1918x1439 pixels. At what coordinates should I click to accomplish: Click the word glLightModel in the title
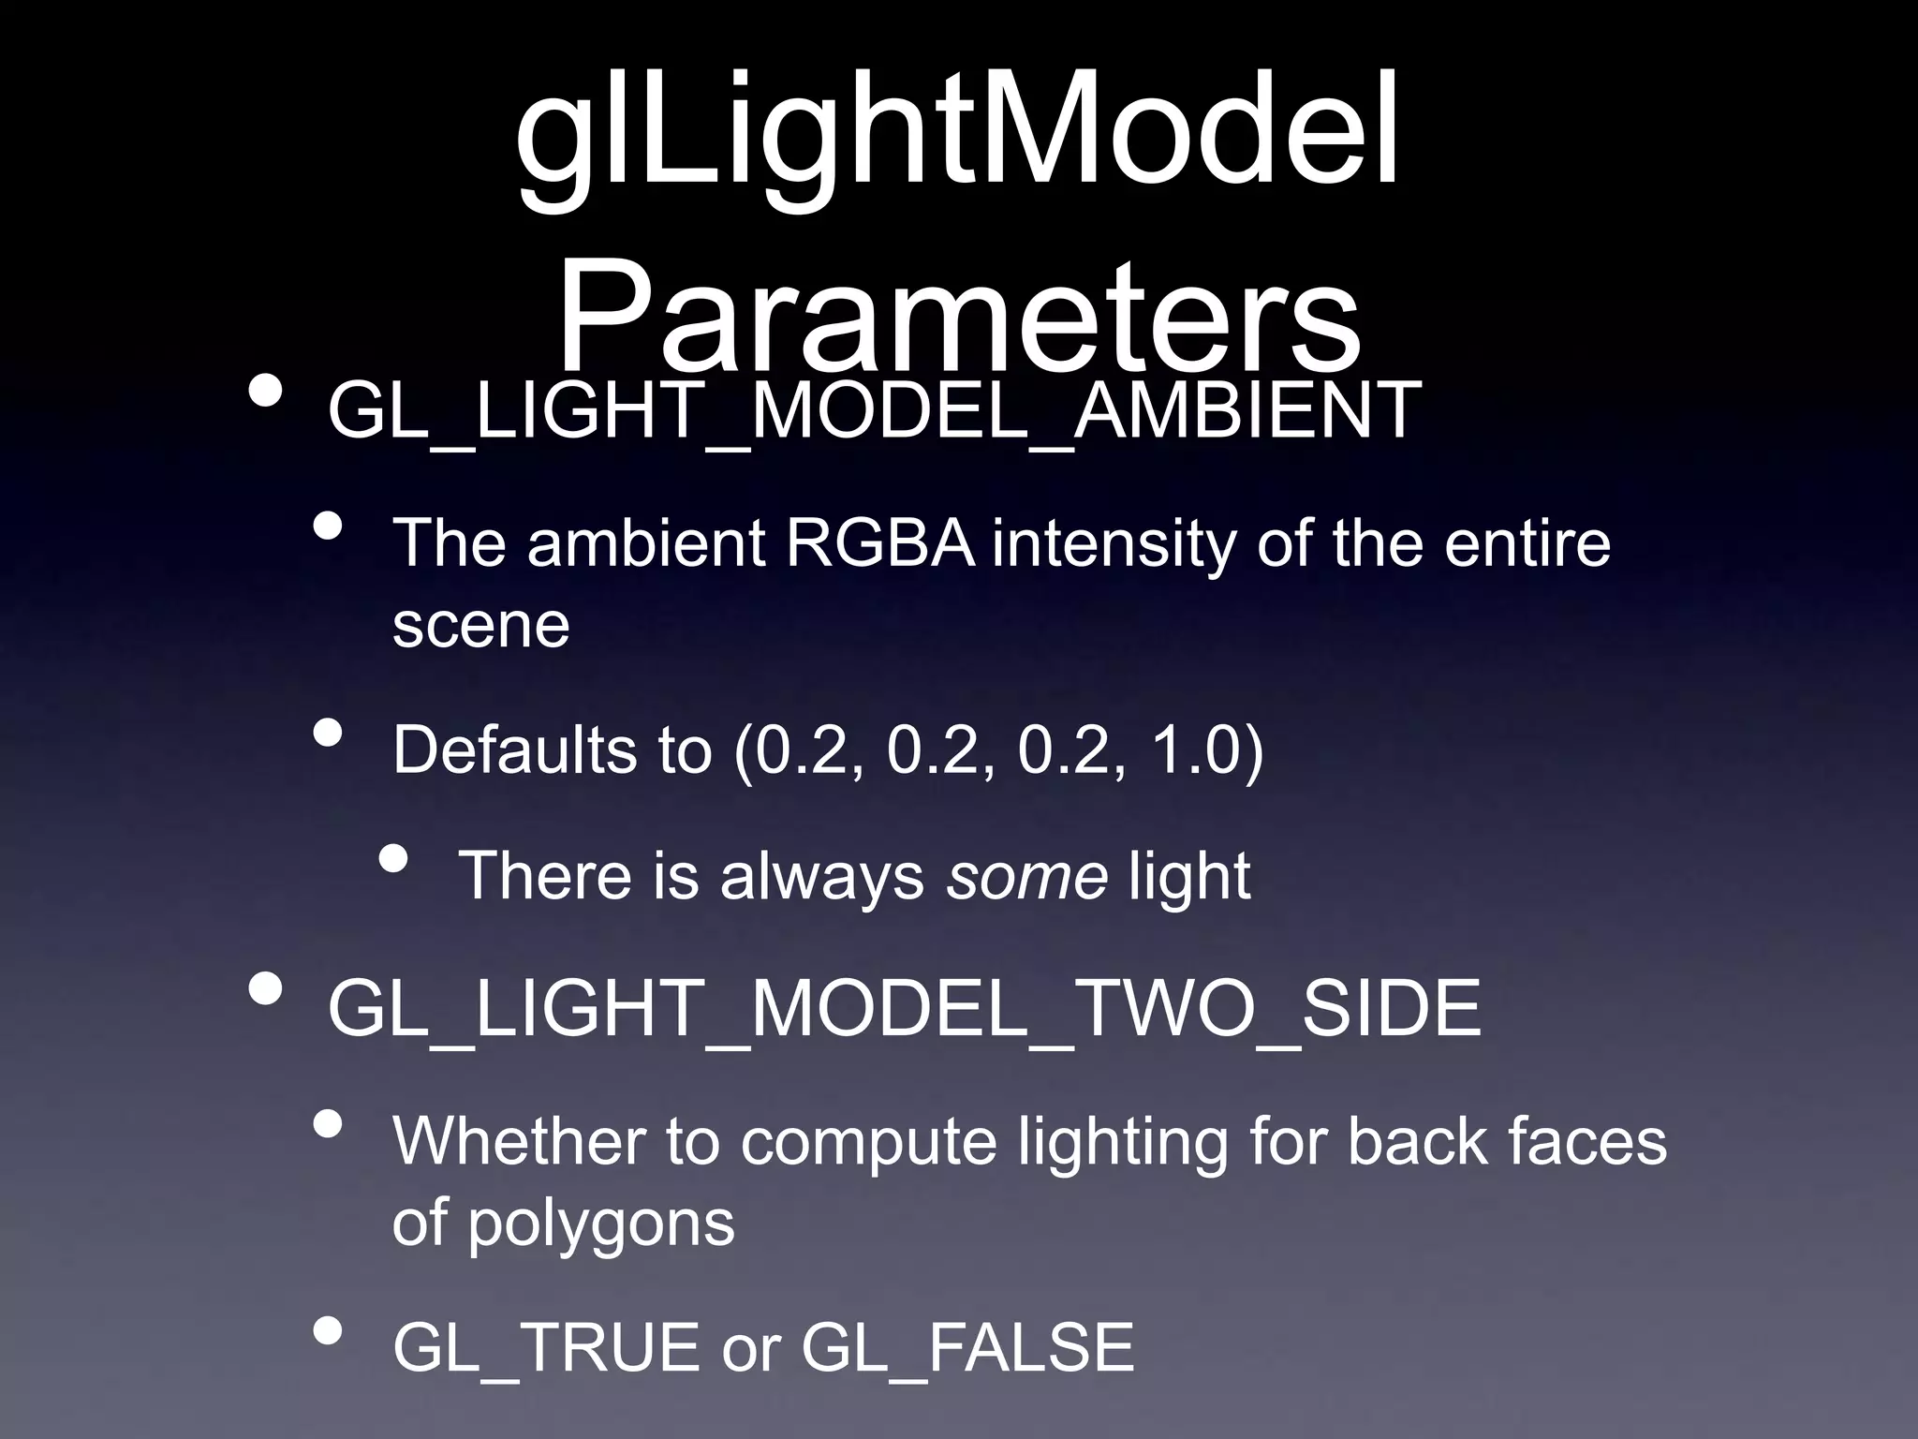coord(957,141)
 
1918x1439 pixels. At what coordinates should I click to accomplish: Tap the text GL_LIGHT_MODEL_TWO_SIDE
coord(904,1009)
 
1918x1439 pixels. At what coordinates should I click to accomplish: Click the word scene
coord(480,625)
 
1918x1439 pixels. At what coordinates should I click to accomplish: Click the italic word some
coord(1026,876)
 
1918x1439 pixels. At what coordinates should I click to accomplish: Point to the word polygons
coord(600,1224)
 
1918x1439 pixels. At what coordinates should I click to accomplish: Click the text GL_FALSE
coord(967,1348)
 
